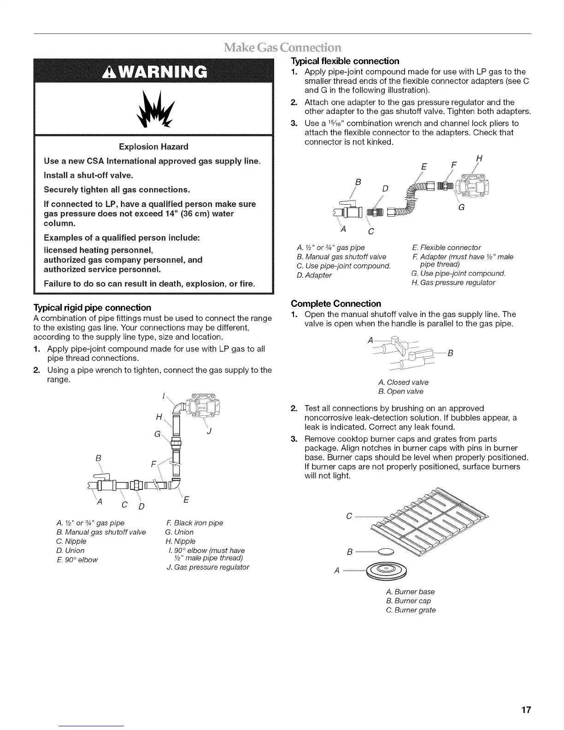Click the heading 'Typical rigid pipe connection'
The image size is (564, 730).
(92, 307)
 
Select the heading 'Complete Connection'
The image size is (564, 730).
(336, 304)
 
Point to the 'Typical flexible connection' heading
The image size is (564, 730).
(345, 61)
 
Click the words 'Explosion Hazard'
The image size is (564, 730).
(153, 147)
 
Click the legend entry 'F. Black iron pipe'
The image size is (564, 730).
(194, 523)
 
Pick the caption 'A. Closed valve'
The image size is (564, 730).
(403, 382)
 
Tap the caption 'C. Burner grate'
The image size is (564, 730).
(411, 610)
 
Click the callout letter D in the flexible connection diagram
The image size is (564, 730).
(385, 188)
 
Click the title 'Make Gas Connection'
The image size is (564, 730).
(282, 47)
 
